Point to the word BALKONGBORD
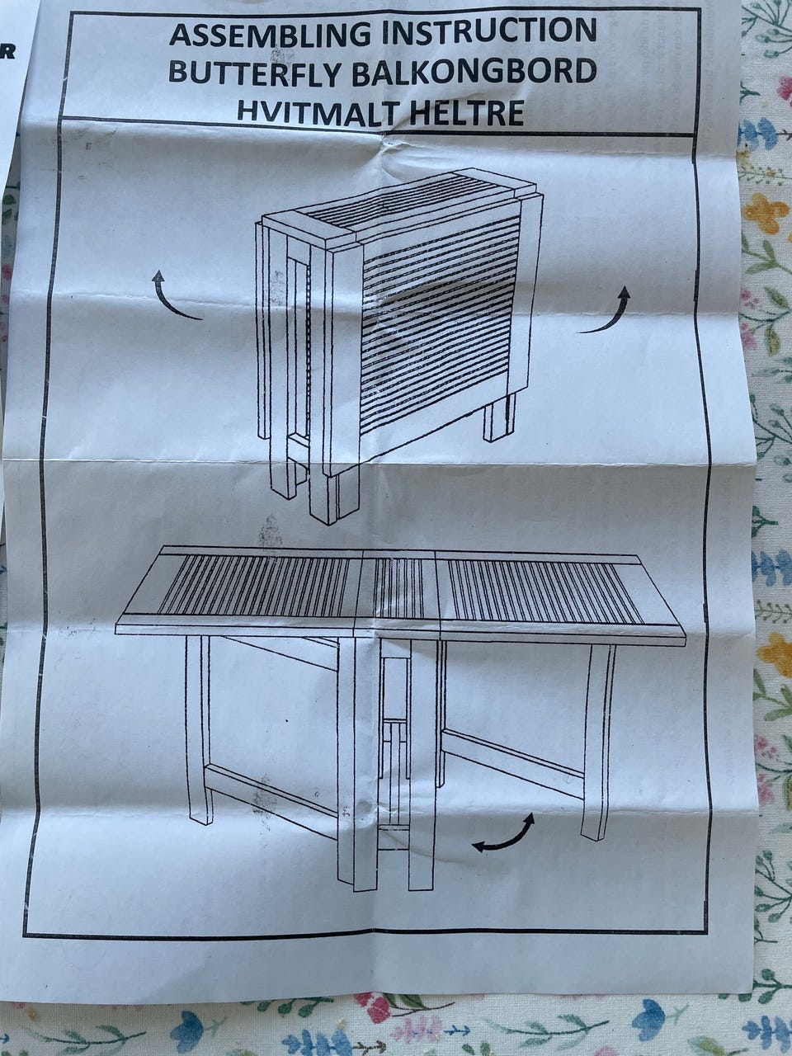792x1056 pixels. [x=474, y=72]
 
